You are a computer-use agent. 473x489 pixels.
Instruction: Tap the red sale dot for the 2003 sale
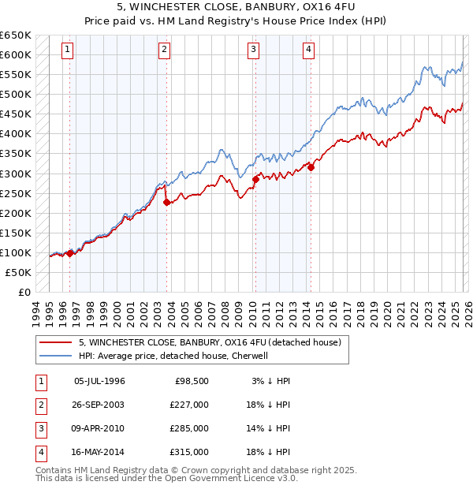click(166, 202)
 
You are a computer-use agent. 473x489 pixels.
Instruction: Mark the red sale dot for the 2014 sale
click(311, 167)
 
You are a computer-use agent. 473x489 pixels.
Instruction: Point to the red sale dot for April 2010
click(255, 179)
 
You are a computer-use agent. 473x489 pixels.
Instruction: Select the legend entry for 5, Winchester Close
click(210, 342)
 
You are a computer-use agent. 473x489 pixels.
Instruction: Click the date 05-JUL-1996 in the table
click(99, 381)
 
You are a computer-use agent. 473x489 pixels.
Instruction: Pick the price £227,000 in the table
click(189, 405)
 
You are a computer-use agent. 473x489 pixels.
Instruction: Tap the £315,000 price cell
click(189, 452)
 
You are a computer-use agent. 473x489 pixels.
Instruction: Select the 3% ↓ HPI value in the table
click(270, 381)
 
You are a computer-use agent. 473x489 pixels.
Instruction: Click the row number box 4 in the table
click(39, 452)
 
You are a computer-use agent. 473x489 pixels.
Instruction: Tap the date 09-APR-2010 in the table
click(99, 428)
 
